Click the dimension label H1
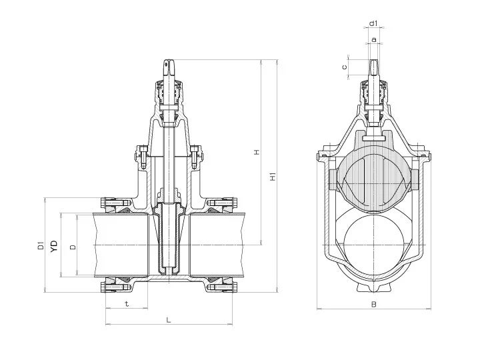[273, 177]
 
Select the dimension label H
[257, 152]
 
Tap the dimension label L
[169, 320]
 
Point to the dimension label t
[127, 304]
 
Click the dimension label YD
[54, 246]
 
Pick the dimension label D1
[41, 245]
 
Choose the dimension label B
[373, 304]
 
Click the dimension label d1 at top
[373, 23]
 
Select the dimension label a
[373, 39]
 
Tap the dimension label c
[345, 67]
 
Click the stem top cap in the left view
[169, 67]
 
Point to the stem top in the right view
[373, 67]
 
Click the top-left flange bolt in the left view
[114, 203]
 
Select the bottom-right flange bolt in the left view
[223, 287]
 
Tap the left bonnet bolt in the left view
[143, 157]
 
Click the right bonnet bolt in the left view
[195, 157]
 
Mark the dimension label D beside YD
[73, 247]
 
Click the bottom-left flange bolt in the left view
[114, 287]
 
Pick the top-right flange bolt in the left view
[223, 203]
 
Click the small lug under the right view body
[374, 287]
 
